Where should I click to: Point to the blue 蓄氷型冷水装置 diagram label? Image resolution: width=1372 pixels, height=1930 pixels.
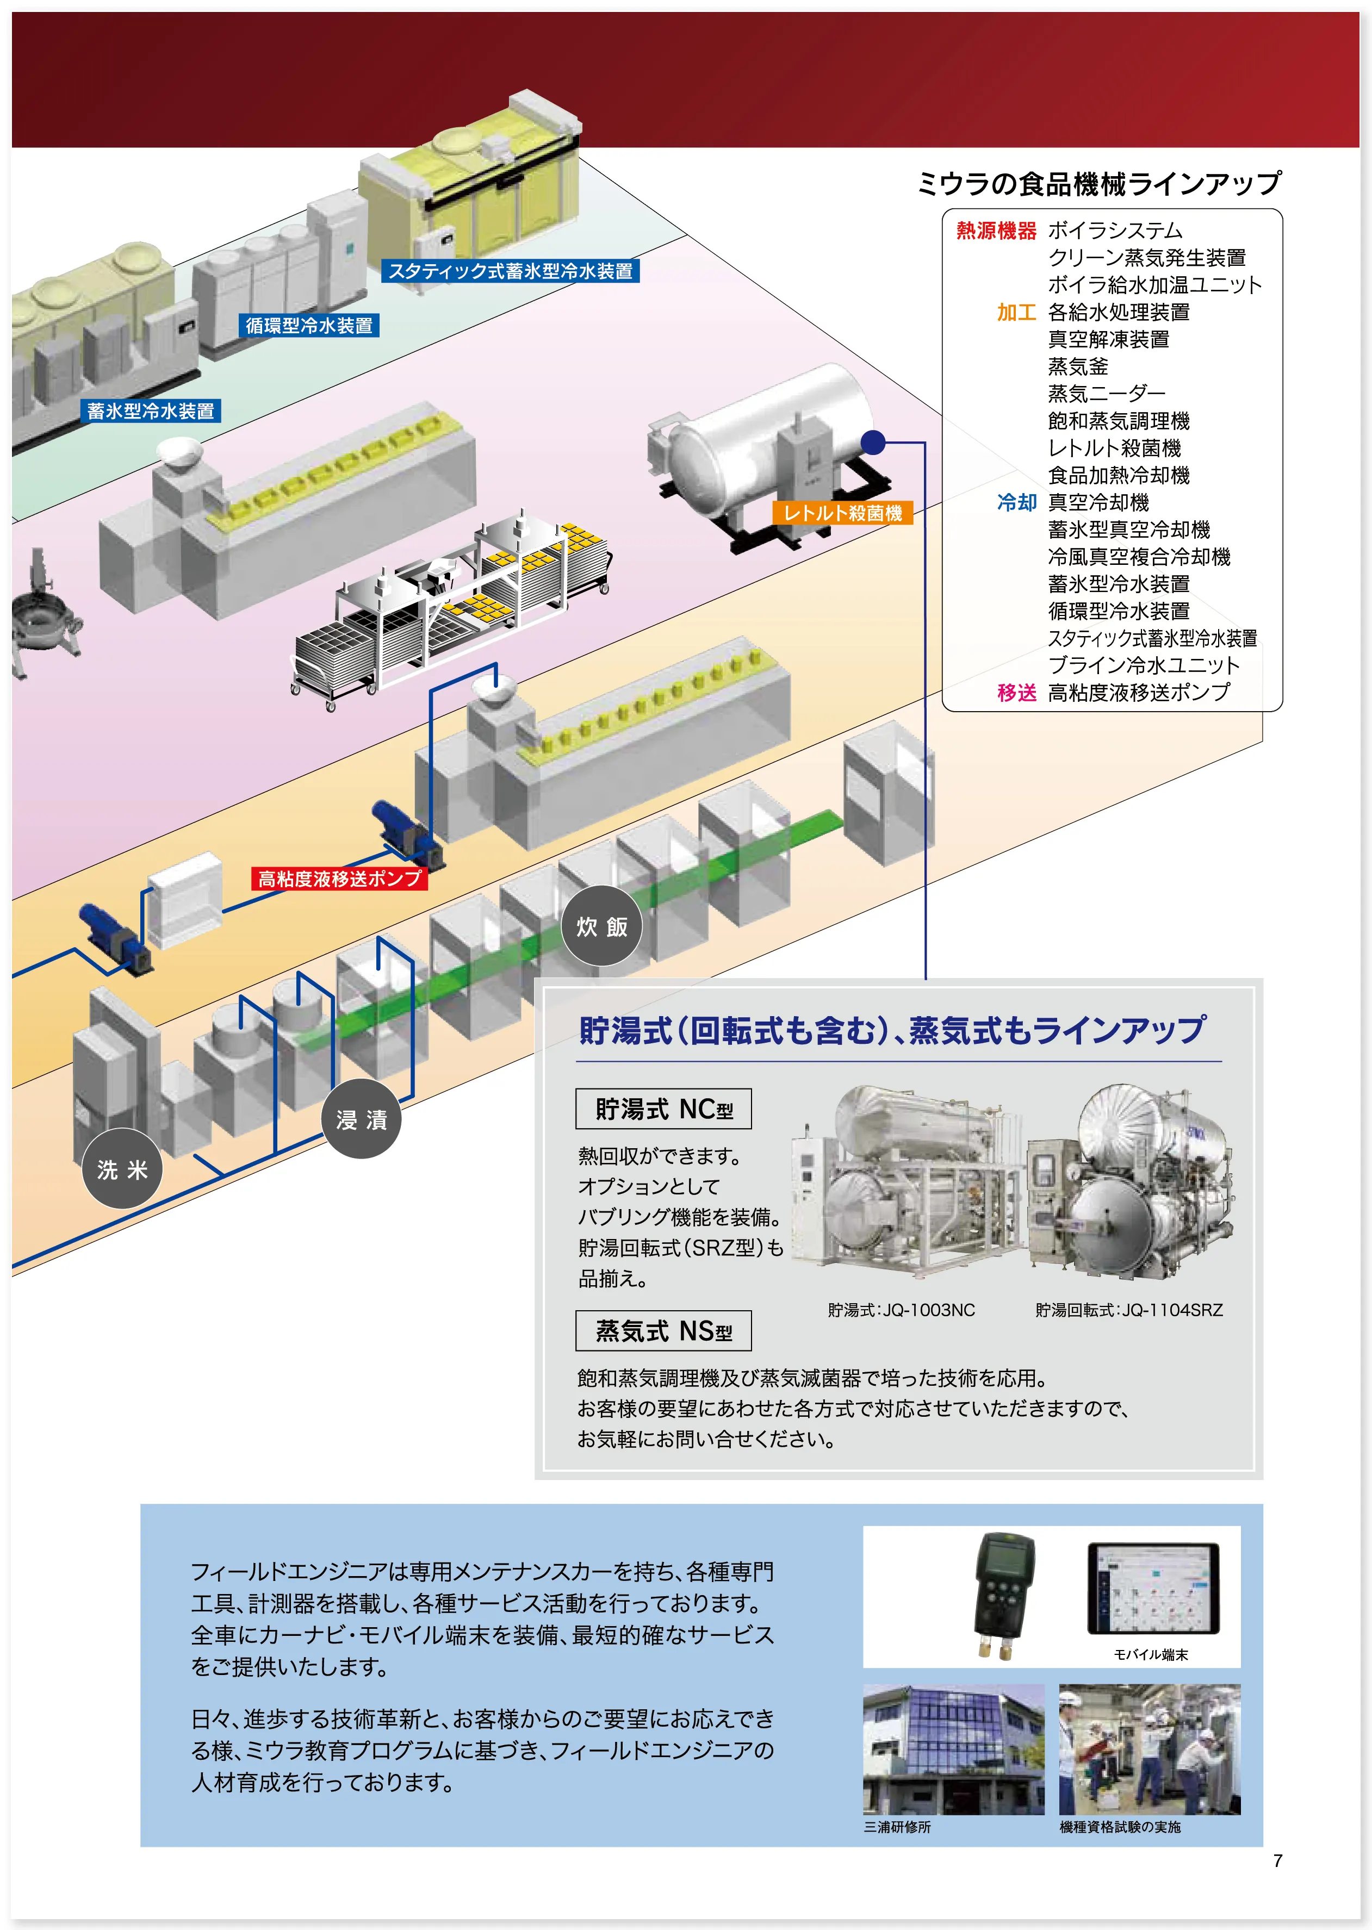[x=151, y=412]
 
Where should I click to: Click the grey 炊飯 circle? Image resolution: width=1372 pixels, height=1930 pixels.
[x=601, y=926]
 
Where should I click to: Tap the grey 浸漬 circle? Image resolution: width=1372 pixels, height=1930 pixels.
[x=362, y=1119]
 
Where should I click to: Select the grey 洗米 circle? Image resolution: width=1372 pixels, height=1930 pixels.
[x=122, y=1169]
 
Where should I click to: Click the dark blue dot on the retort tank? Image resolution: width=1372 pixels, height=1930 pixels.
[x=873, y=442]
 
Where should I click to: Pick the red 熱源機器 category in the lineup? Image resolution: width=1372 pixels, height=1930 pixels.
[x=995, y=231]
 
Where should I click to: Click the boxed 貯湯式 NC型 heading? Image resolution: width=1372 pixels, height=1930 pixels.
[x=663, y=1109]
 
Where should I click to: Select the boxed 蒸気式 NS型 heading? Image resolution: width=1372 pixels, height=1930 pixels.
[x=663, y=1331]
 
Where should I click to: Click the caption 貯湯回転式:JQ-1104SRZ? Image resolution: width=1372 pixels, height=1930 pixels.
[x=1129, y=1310]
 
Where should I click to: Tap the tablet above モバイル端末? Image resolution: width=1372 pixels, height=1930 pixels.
[x=1153, y=1589]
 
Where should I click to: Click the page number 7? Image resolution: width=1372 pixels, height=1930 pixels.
[x=1277, y=1860]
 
